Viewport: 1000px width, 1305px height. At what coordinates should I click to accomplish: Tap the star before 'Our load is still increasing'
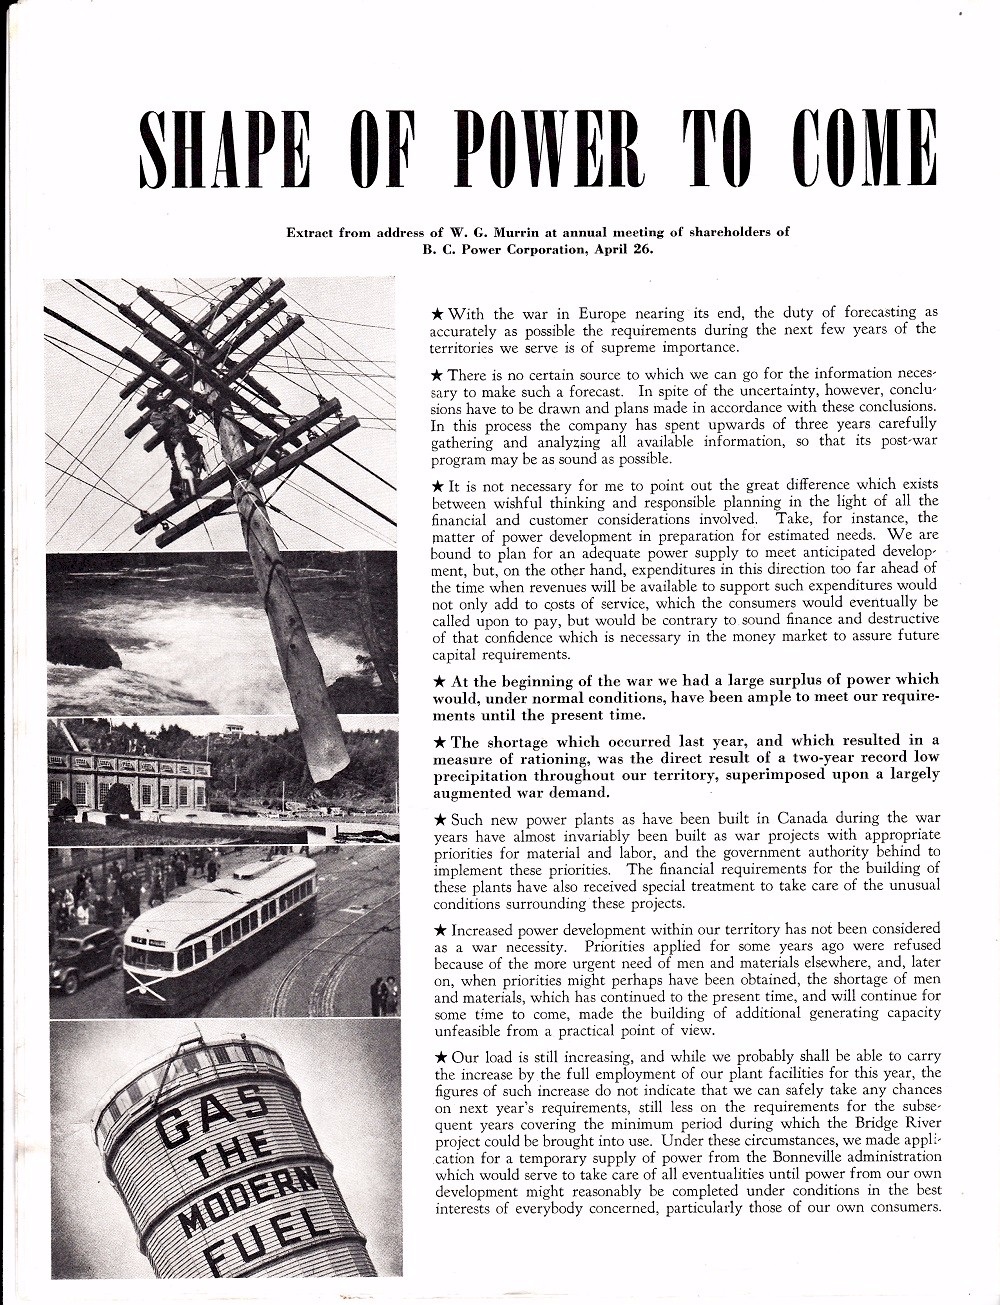(x=440, y=1056)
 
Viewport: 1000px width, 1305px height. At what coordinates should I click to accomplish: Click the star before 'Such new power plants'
(x=440, y=818)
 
